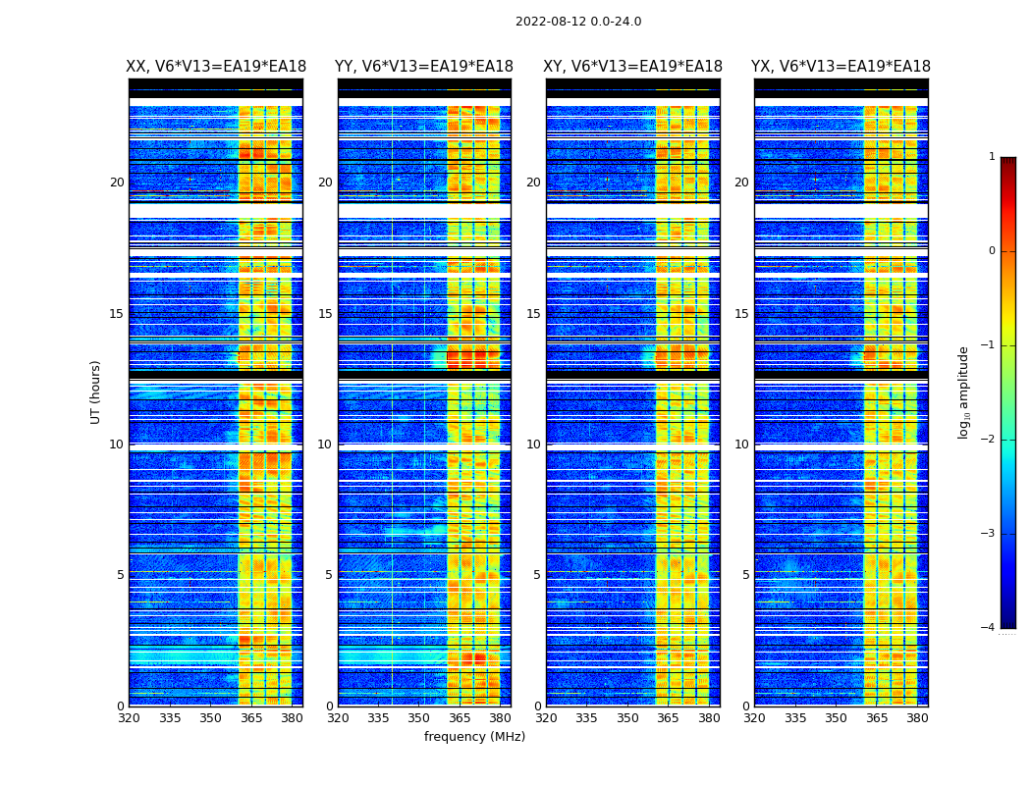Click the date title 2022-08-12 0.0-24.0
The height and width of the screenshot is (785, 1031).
[x=578, y=22]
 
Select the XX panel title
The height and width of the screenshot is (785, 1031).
[x=216, y=67]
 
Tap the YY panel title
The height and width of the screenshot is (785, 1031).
[x=424, y=67]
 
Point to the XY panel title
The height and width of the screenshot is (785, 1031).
[x=633, y=67]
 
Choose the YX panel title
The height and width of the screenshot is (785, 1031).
[x=841, y=67]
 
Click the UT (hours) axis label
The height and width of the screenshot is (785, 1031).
[x=96, y=392]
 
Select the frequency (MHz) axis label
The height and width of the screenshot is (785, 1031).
[x=474, y=737]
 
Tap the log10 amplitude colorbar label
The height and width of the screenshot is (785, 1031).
[x=964, y=392]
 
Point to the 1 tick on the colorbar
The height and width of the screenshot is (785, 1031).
[x=992, y=157]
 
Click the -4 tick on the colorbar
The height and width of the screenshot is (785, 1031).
[x=989, y=628]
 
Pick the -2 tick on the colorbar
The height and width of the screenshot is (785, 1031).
[x=989, y=440]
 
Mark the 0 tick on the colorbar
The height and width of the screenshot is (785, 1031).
[x=992, y=251]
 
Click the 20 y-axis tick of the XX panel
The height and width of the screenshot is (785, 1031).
[x=117, y=183]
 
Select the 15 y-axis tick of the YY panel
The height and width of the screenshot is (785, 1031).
[x=325, y=314]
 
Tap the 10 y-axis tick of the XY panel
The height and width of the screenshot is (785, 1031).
[x=533, y=445]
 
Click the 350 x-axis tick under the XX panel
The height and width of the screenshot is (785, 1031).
[x=210, y=718]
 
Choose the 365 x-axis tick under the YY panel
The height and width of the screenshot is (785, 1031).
[x=460, y=718]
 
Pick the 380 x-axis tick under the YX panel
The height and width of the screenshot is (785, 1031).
[x=917, y=718]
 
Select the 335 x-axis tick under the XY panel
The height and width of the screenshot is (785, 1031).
[x=586, y=718]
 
